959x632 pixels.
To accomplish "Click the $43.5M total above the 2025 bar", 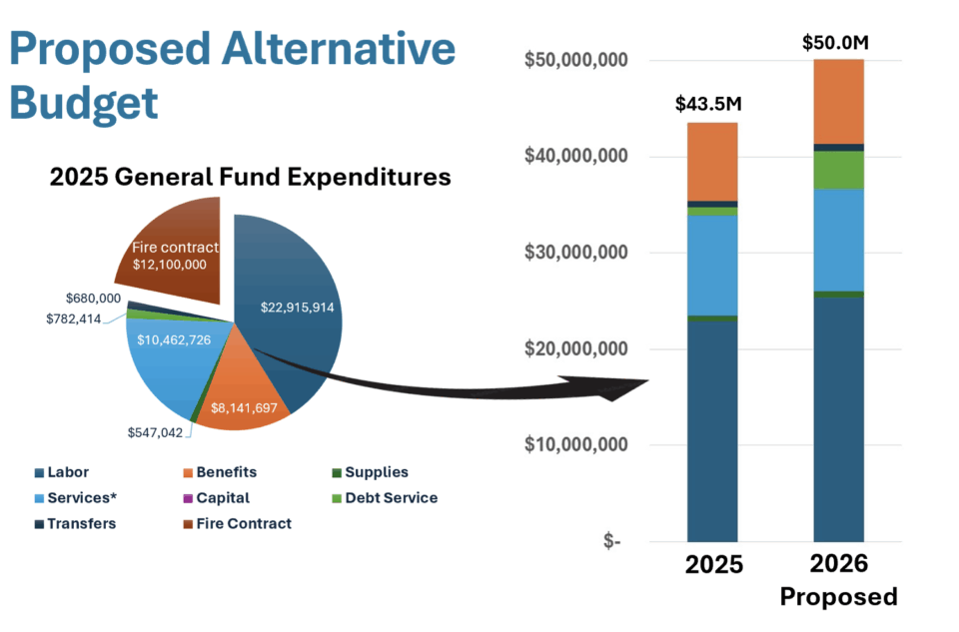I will pyautogui.click(x=709, y=104).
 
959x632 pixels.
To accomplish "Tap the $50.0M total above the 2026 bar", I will pyautogui.click(x=837, y=43).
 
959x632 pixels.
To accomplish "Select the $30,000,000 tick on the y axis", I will pyautogui.click(x=575, y=253).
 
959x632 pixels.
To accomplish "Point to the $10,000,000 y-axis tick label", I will pyautogui.click(x=575, y=444).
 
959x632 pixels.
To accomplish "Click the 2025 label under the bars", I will pyautogui.click(x=713, y=564).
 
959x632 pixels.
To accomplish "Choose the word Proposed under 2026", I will pyautogui.click(x=838, y=597).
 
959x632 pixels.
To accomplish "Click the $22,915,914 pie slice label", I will pyautogui.click(x=297, y=308).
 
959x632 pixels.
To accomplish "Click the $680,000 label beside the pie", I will pyautogui.click(x=93, y=299).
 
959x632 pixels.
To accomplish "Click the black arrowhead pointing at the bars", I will pyautogui.click(x=624, y=387).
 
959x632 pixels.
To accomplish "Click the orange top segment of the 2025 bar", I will pyautogui.click(x=711, y=162).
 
